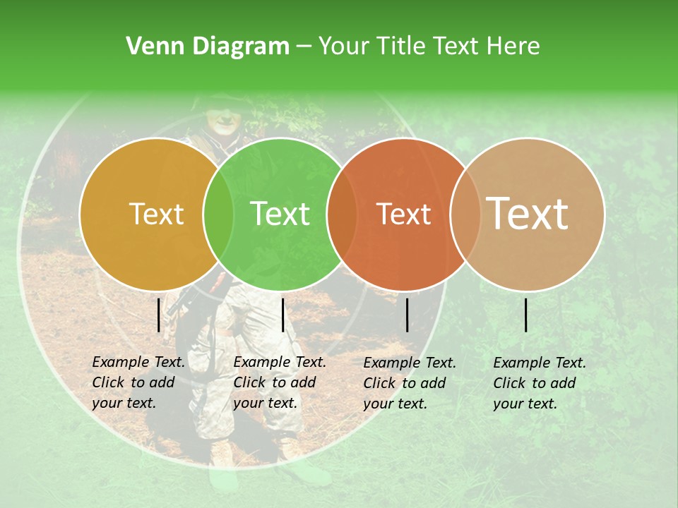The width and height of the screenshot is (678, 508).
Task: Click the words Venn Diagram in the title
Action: point(207,47)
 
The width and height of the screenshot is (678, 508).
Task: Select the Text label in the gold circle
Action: point(156,214)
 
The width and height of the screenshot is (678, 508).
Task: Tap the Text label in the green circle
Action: point(280,214)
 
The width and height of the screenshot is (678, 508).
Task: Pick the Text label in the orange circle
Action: point(403,214)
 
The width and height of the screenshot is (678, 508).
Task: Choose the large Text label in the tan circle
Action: point(527,214)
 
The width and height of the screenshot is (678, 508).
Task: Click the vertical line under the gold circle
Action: point(159,315)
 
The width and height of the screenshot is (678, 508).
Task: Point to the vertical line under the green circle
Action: point(282,315)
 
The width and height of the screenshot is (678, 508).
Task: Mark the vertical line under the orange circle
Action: point(408,315)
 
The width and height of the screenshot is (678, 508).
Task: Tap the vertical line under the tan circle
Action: point(526,315)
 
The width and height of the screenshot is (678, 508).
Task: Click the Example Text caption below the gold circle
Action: point(138,382)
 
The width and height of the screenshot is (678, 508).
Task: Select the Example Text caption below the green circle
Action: point(279,382)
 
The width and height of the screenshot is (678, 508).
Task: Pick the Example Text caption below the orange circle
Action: point(409,383)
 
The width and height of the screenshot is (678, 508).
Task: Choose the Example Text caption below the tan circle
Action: point(539,383)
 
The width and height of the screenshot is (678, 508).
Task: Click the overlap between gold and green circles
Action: point(218,214)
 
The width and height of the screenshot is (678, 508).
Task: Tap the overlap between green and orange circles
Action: point(342,214)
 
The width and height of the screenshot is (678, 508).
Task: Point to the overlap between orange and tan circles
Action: point(465,214)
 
